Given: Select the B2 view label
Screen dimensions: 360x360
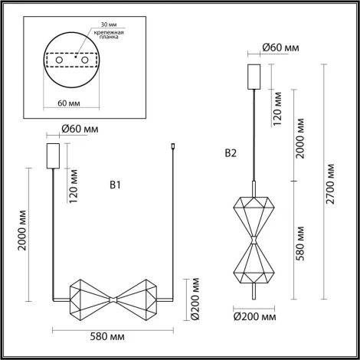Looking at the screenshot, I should click(x=231, y=153).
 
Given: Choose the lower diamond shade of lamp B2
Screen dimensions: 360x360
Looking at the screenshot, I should click(x=254, y=260).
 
